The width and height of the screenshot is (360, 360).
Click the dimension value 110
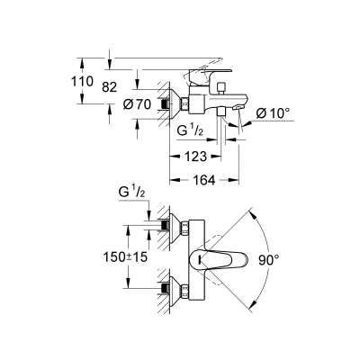[82, 81]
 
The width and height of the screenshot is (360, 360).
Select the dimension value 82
[109, 87]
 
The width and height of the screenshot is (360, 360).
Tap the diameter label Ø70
[137, 104]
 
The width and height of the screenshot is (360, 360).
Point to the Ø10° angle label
[273, 113]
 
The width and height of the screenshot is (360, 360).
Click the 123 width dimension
[195, 157]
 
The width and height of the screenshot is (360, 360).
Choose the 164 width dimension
[204, 180]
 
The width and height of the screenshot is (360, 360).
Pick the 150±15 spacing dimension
[125, 256]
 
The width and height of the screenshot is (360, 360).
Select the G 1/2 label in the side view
[191, 131]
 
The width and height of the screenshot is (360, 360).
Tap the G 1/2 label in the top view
[132, 193]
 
